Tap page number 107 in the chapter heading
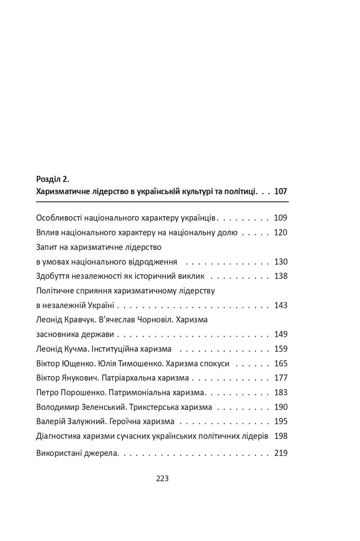click(280, 192)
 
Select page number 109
click(280, 218)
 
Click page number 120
click(280, 232)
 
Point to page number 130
click(280, 262)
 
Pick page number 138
click(280, 276)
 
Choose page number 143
click(280, 305)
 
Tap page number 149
click(280, 334)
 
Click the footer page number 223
click(162, 479)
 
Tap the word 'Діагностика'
click(61, 436)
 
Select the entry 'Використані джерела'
click(77, 453)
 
